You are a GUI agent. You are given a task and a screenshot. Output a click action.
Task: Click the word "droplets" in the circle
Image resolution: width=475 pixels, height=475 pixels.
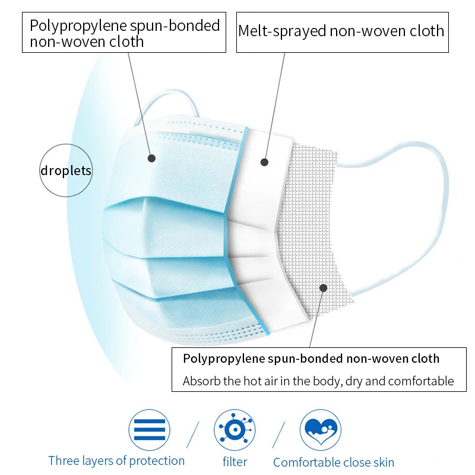[x=66, y=171]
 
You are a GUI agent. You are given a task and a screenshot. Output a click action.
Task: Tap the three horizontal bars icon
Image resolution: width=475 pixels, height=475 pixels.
[x=149, y=429]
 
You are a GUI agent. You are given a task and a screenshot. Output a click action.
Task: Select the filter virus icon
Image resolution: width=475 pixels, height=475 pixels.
[x=235, y=429]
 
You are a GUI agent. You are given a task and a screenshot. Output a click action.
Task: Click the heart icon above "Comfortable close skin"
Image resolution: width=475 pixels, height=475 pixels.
[x=320, y=429]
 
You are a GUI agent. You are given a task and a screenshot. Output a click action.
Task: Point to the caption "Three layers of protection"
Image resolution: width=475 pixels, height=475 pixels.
[x=116, y=461]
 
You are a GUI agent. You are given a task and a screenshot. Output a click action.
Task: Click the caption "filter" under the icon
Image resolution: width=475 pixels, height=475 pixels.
[x=235, y=461]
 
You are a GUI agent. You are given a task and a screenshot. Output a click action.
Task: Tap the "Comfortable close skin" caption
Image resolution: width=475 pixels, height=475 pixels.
[x=333, y=462]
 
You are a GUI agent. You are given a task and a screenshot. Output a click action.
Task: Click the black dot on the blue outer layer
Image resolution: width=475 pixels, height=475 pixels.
[x=151, y=158]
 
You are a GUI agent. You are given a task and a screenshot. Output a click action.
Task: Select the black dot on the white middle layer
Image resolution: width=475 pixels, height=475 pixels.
[x=264, y=161]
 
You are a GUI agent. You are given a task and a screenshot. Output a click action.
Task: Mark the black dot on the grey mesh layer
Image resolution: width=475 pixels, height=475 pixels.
[x=323, y=288]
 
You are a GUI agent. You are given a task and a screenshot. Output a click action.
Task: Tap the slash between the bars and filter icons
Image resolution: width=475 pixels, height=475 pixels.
[x=192, y=434]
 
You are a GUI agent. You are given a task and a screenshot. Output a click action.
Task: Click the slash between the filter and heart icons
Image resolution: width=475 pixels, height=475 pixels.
[x=278, y=434]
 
